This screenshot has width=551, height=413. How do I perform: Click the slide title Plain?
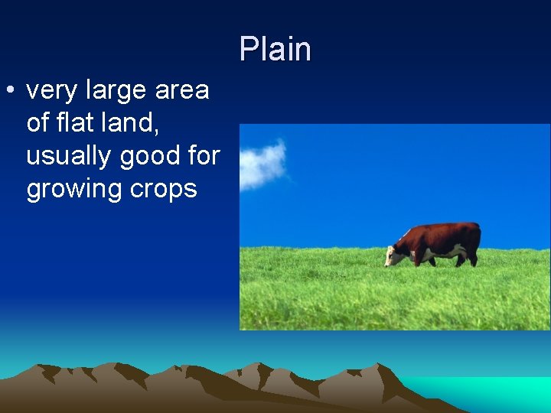[275, 50]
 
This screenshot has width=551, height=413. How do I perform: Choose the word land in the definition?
[138, 122]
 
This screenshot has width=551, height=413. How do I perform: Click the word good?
[152, 155]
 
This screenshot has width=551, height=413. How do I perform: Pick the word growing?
[76, 189]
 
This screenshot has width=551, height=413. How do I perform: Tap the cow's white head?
[395, 255]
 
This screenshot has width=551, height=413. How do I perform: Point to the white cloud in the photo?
[262, 164]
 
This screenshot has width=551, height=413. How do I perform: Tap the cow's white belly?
[442, 253]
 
